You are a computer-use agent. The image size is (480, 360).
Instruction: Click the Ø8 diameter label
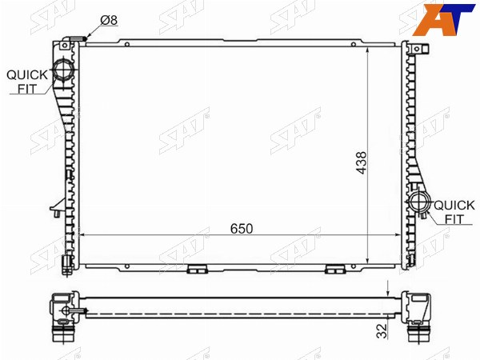(x=109, y=20)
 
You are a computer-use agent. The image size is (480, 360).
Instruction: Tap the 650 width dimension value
(x=242, y=229)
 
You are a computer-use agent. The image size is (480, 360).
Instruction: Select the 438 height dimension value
(x=362, y=163)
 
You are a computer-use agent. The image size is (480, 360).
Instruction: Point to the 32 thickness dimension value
(x=382, y=330)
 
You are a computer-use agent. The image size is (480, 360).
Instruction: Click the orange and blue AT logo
(x=443, y=19)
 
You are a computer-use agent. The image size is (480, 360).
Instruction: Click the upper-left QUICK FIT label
(x=27, y=82)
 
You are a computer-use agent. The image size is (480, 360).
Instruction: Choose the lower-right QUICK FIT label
(x=454, y=212)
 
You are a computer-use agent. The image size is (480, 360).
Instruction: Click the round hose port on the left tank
(x=63, y=70)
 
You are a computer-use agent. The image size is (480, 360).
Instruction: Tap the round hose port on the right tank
(x=418, y=202)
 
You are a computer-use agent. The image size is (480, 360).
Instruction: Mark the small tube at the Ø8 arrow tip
(x=79, y=38)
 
